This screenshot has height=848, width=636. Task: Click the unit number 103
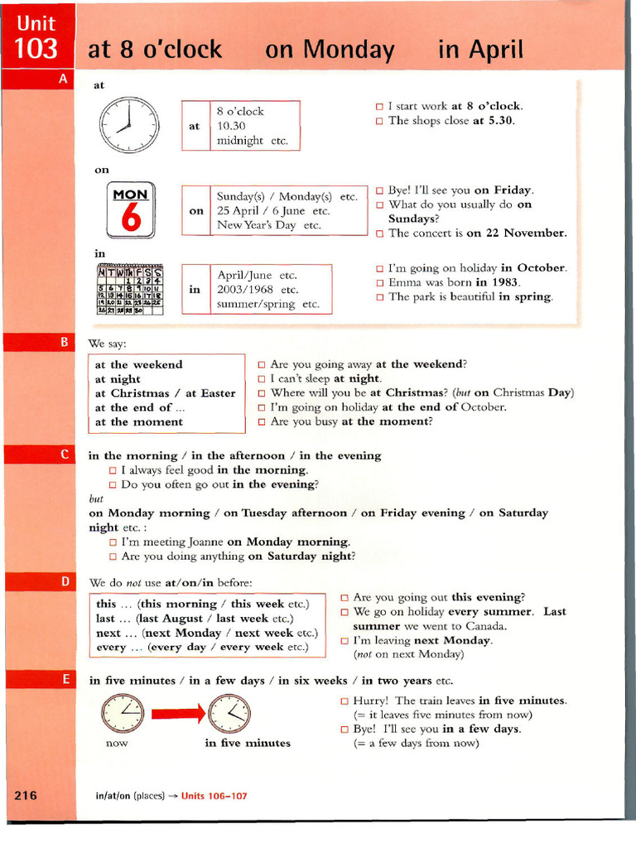(x=36, y=49)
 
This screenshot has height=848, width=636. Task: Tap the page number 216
(x=26, y=795)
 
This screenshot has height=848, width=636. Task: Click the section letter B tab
(x=64, y=341)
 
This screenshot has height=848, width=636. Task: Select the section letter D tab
(x=64, y=582)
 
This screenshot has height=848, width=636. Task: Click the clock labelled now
(x=123, y=712)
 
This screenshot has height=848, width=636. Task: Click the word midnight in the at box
(x=240, y=141)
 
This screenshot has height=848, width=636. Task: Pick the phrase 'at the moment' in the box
(x=138, y=422)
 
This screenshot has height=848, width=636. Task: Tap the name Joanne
(x=202, y=542)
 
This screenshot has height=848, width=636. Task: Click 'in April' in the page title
(x=480, y=50)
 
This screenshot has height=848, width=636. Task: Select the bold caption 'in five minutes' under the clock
(x=248, y=743)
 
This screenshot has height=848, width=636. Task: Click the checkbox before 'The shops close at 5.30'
(x=379, y=121)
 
